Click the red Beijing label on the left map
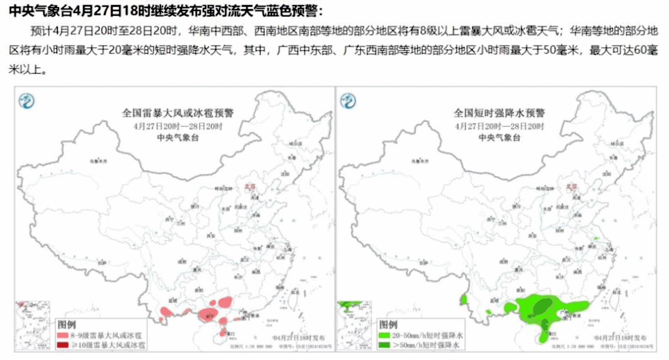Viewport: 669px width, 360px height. (x=250, y=186)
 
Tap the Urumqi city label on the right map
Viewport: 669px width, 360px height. (x=420, y=161)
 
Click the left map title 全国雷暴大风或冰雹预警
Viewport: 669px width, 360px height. (x=177, y=113)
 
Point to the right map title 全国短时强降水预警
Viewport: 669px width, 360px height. (x=499, y=113)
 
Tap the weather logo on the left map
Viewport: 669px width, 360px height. (x=27, y=102)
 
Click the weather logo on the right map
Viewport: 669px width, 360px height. (x=348, y=102)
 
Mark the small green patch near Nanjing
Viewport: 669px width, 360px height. (x=596, y=238)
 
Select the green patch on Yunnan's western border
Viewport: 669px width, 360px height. (x=464, y=299)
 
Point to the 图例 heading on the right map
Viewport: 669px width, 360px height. (x=388, y=325)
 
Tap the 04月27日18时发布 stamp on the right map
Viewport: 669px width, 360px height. (x=621, y=338)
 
